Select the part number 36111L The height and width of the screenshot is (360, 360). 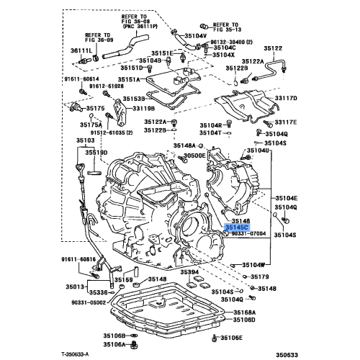pyautogui.click(x=81, y=51)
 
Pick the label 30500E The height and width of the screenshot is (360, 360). pyautogui.click(x=194, y=155)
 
